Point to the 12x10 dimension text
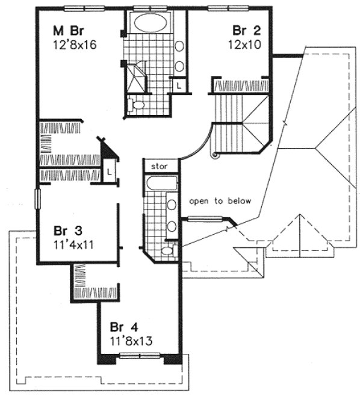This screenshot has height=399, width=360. (x=244, y=44)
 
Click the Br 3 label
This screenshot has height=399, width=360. (x=67, y=232)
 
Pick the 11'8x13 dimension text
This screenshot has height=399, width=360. (x=130, y=340)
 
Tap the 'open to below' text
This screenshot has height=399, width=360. (x=220, y=201)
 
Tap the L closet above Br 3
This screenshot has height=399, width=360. (x=109, y=172)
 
